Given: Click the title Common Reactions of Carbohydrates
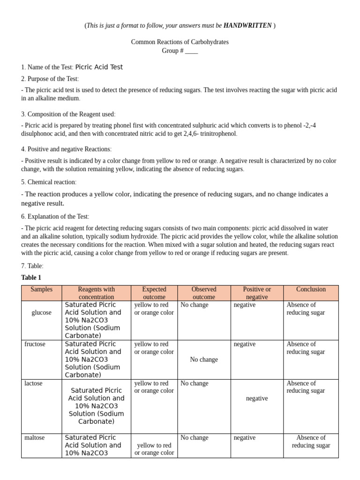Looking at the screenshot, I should pos(180,42).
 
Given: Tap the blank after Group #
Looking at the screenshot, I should pos(191,51).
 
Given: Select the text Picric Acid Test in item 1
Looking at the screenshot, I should pos(99,67).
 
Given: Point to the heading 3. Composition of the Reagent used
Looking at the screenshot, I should pos(68,114).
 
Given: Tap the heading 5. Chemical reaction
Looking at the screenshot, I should pos(49,182).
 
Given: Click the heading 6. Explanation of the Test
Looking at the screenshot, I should pos(55,217).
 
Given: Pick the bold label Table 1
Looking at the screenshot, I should pos(31,277).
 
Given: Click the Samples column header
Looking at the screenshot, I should pos(42,289).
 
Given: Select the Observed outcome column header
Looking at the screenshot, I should pos(204,293).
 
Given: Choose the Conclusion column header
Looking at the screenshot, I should pos(311,289).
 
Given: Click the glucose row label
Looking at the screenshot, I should pos(42,313).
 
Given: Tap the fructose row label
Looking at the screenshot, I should pos(35,344).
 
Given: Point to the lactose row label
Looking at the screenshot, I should pos(33,383).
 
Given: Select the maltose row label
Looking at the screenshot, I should pos(35,438).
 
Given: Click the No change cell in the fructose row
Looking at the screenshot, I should pos(204,360).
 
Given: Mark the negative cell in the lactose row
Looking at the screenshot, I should pos(257,398).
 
